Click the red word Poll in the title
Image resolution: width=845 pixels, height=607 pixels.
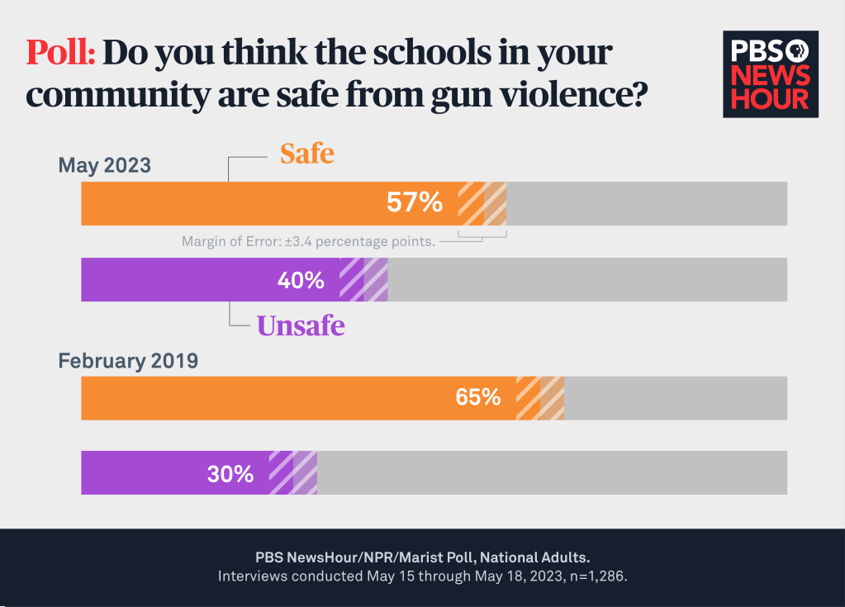point(61,54)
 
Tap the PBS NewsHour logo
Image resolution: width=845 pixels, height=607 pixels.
point(770,74)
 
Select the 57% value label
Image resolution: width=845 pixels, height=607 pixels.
point(415,202)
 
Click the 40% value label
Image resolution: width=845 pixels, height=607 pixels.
point(301,280)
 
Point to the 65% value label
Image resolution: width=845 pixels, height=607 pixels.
point(478,397)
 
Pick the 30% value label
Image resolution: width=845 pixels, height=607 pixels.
point(230,473)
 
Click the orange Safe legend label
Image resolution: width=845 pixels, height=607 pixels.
point(306,154)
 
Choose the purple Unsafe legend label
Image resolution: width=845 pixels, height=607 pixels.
point(301,325)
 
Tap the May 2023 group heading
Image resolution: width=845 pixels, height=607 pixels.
point(104,165)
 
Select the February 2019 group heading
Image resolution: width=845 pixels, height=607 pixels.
point(127,361)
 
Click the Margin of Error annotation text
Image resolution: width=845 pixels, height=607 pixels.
point(308,242)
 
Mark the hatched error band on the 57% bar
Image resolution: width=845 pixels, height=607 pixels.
point(482,203)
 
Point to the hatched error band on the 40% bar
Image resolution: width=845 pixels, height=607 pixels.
point(363,280)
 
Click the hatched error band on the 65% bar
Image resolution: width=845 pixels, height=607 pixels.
point(540,398)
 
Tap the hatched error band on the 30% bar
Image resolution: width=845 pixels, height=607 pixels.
point(293,473)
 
